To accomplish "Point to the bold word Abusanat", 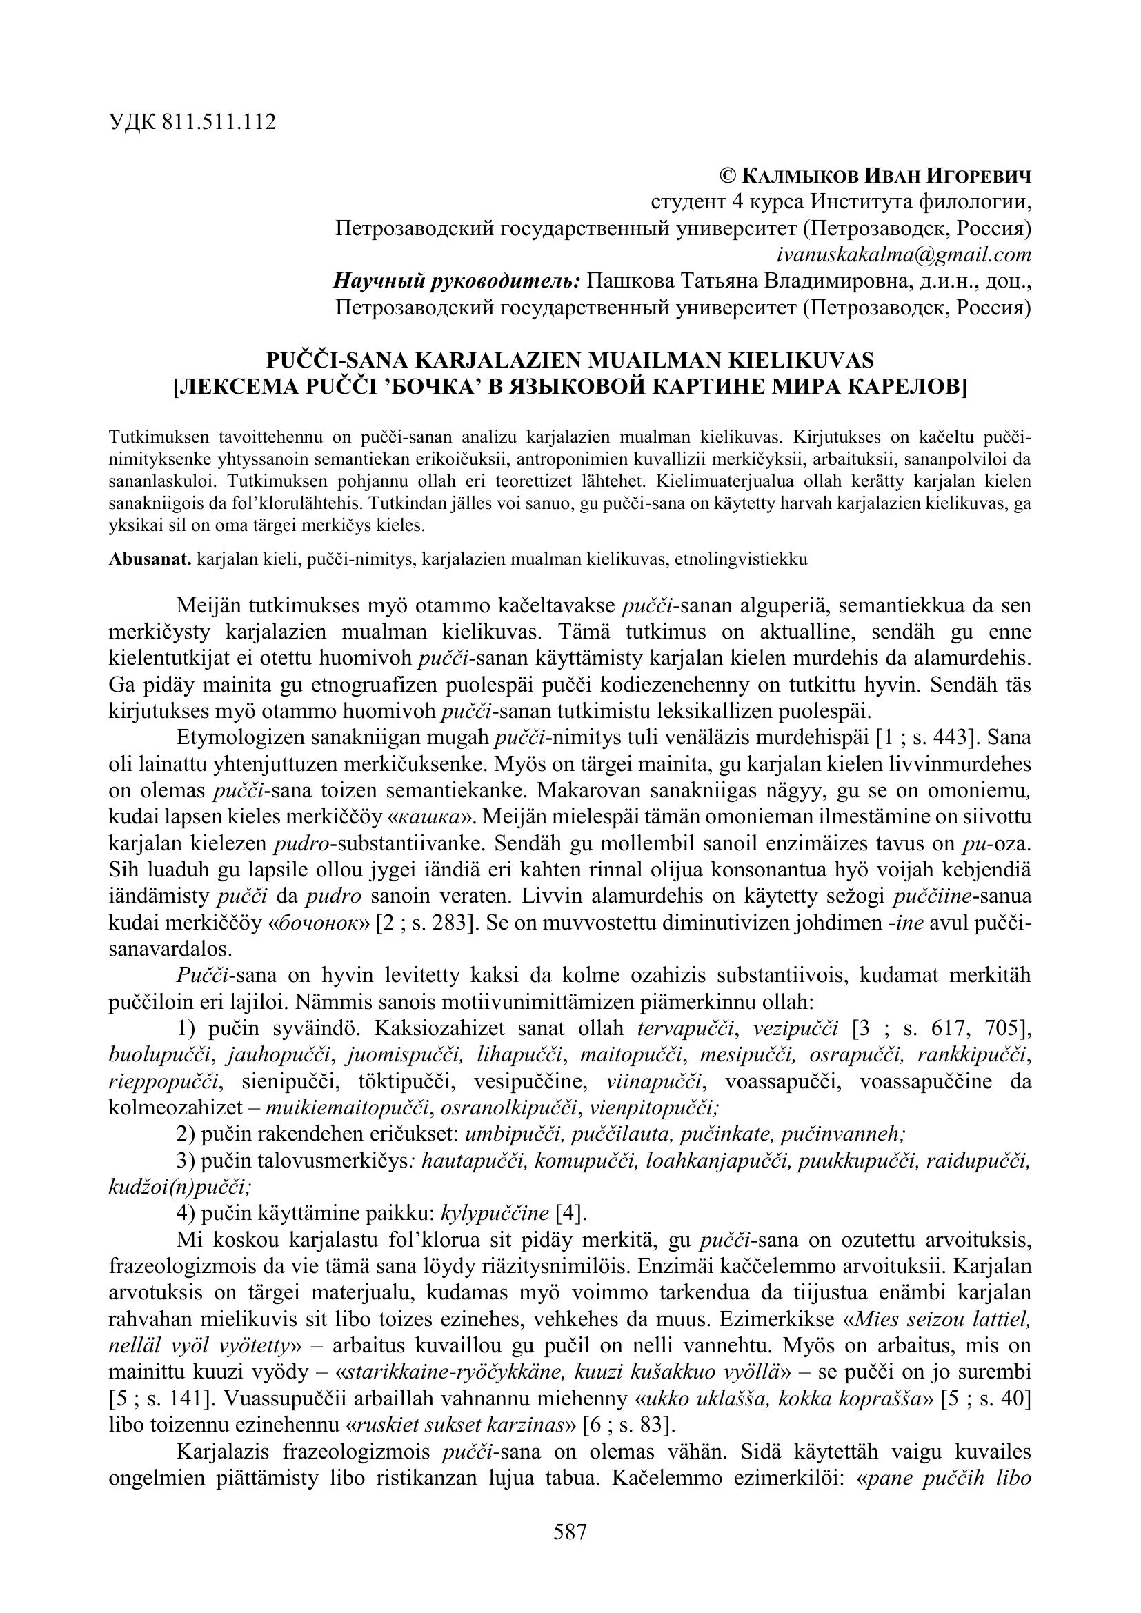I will pos(150,559).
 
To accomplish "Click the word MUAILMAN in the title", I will pos(656,361).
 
